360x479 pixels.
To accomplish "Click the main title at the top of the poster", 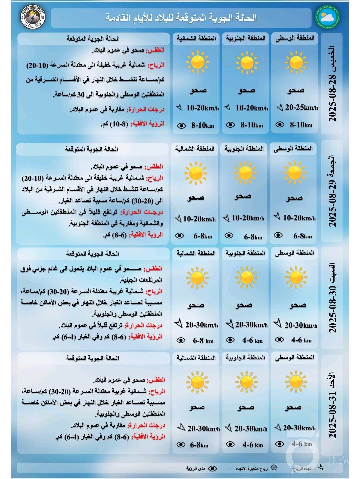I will click(x=181, y=17).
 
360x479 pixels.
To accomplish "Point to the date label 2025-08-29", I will click(x=333, y=192).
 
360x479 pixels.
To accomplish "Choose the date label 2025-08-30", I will click(x=333, y=298).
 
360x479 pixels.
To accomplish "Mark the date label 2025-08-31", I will click(x=333, y=405).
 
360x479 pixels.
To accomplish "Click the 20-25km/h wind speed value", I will click(x=301, y=107).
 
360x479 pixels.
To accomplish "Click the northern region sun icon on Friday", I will click(x=195, y=173).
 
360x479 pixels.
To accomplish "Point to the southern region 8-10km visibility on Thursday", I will click(x=251, y=125).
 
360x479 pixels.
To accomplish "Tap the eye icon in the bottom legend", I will click(x=212, y=468).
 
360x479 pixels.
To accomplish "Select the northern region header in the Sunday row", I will click(x=196, y=358).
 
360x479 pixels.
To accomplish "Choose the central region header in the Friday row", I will click(x=293, y=148).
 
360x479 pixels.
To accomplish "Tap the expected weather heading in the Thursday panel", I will click(x=93, y=39).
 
